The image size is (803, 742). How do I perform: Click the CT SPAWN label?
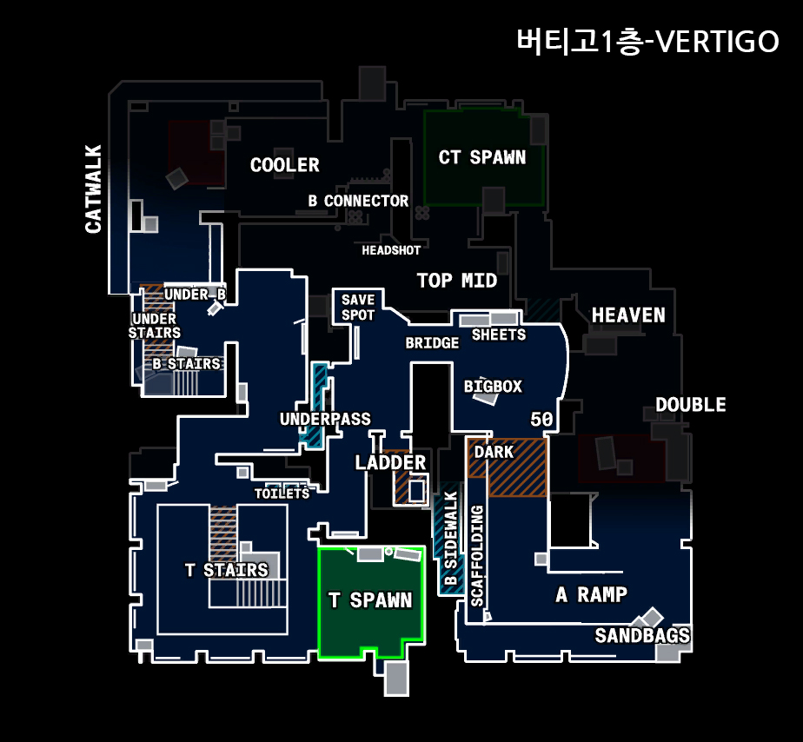(x=481, y=157)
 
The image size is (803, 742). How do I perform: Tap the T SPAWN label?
(x=370, y=600)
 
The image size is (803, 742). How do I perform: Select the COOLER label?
(x=284, y=165)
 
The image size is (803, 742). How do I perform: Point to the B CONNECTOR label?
(x=358, y=201)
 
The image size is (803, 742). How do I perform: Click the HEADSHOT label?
(x=391, y=250)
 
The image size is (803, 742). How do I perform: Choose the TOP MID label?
(x=457, y=281)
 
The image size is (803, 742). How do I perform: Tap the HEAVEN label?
(x=628, y=315)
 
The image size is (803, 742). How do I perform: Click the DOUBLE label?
(x=691, y=405)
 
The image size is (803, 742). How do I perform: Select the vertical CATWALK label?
(x=93, y=189)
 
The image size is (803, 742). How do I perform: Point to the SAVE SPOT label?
(x=358, y=308)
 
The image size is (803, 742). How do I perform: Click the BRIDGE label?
(x=432, y=343)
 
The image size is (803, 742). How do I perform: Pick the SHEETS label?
(x=498, y=335)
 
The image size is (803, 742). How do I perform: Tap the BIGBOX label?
(x=493, y=386)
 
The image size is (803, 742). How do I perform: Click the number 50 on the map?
(x=541, y=420)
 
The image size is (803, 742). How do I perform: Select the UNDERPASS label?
(x=325, y=419)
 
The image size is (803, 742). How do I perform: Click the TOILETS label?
(x=282, y=494)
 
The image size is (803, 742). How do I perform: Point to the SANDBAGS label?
(x=642, y=636)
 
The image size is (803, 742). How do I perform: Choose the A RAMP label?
(x=591, y=594)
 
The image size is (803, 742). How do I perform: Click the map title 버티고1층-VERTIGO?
(x=647, y=41)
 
